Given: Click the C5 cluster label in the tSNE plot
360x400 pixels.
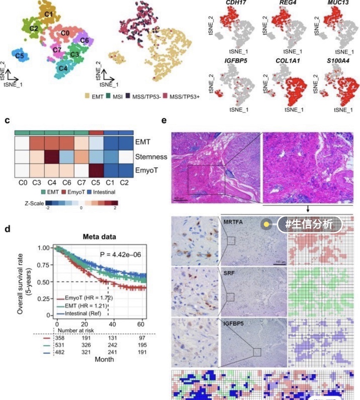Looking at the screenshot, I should [19, 56].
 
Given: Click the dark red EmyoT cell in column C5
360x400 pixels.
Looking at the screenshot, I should [96, 170].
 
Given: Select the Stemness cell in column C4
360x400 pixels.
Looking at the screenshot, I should [52, 156].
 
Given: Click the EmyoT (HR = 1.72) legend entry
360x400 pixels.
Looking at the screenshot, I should [85, 297].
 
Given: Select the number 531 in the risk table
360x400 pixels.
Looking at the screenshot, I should [60, 346].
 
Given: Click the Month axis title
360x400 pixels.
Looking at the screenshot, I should [104, 360].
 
